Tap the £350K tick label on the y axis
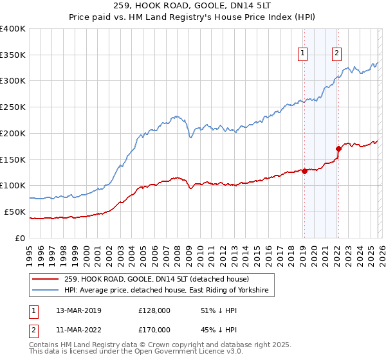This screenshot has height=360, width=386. coord(13,55)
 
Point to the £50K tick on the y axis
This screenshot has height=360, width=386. coord(15,212)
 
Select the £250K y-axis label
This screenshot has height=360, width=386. coord(13,107)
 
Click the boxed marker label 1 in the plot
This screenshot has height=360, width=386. coord(303,54)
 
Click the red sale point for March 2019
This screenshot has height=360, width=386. coord(304,171)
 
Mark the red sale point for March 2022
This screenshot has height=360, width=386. coord(338,148)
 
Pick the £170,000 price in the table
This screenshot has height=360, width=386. coord(155,330)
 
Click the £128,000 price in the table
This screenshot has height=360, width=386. coord(155,310)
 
